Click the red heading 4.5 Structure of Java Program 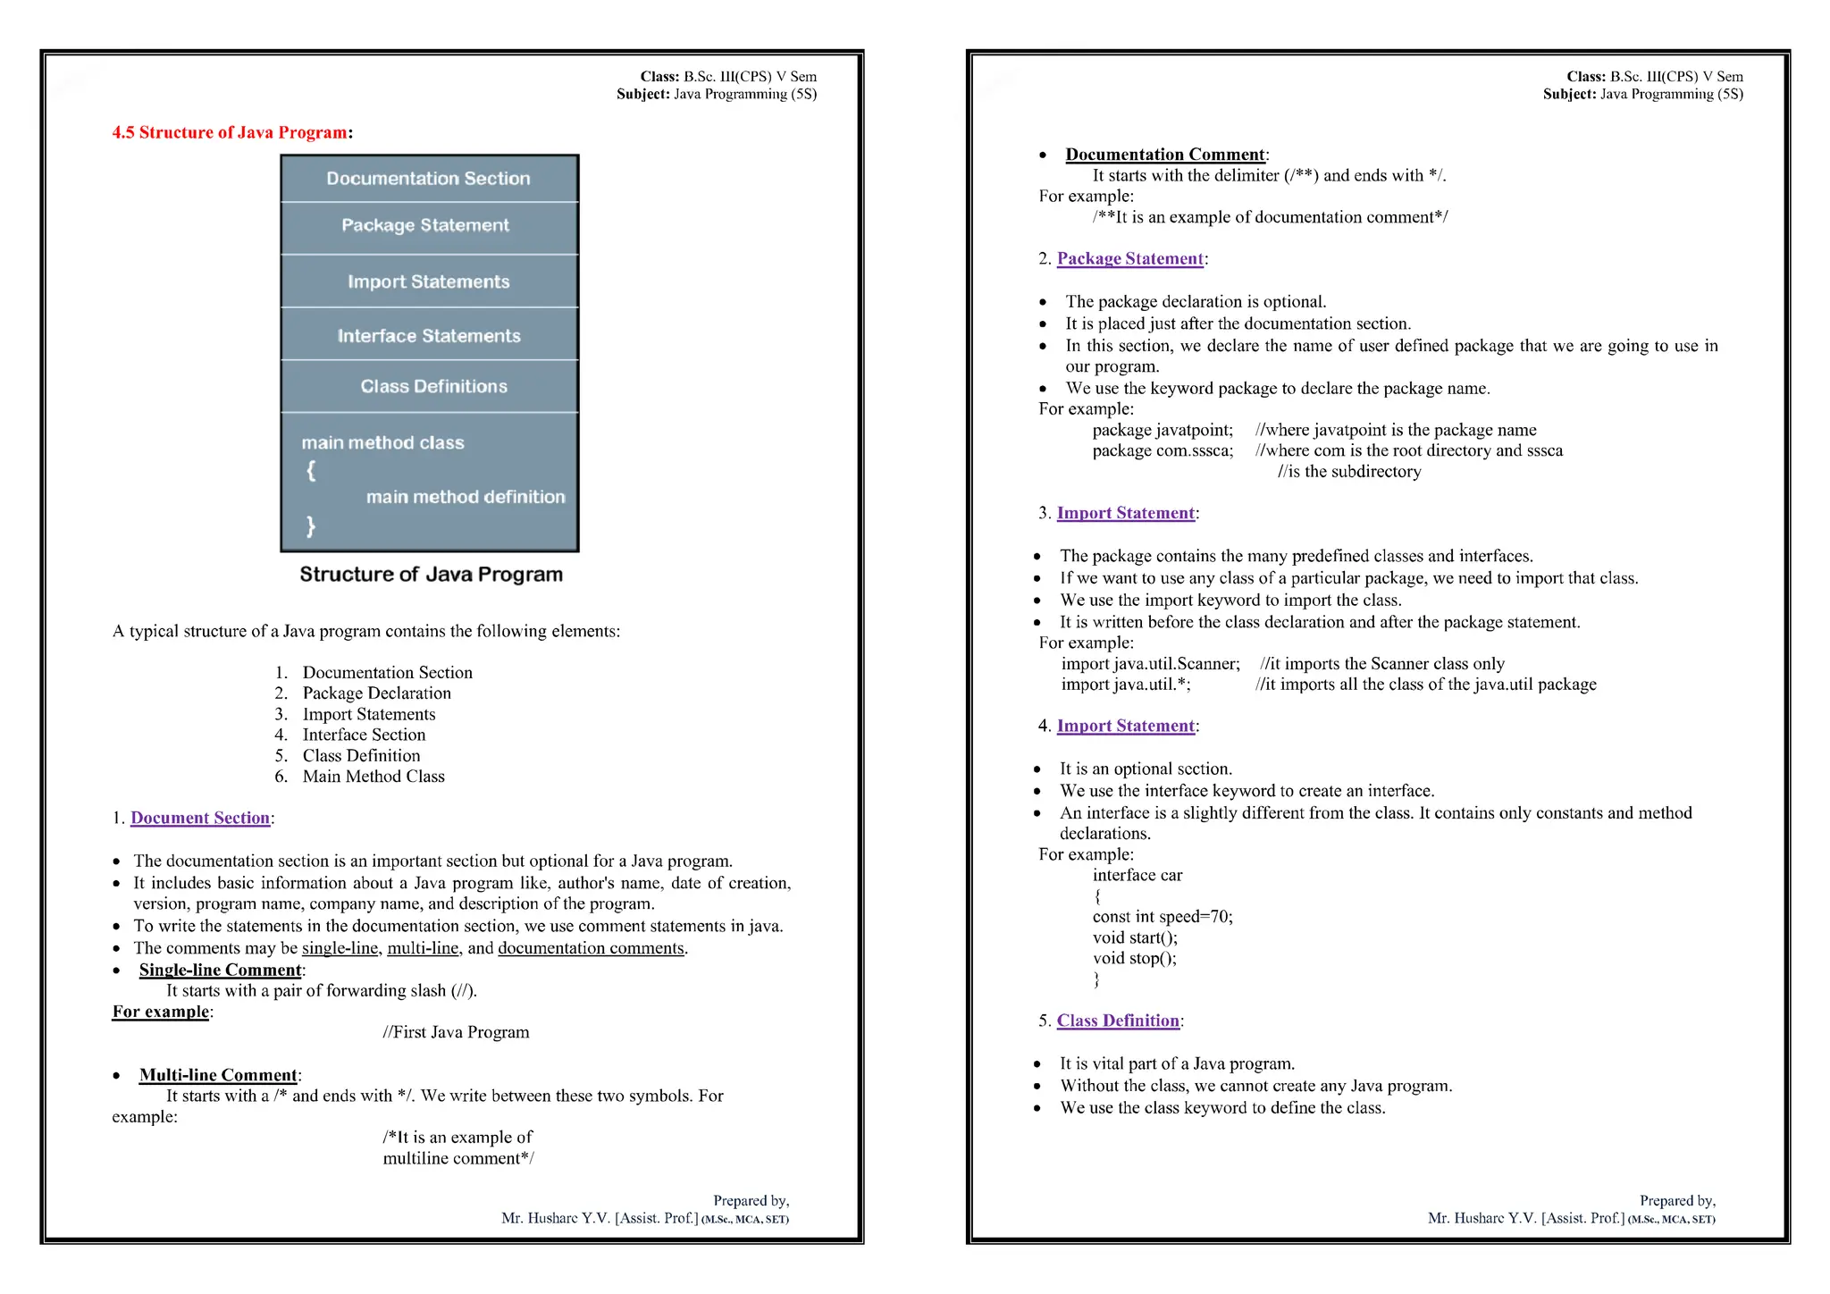click(x=230, y=132)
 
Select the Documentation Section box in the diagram click(x=428, y=179)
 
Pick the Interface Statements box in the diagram click(x=429, y=336)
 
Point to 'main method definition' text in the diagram click(x=465, y=497)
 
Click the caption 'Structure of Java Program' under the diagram click(x=431, y=574)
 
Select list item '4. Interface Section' click(x=363, y=735)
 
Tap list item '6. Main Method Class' click(x=373, y=777)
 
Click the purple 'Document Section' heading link click(x=200, y=818)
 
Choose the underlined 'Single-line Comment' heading click(x=220, y=970)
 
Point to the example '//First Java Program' click(x=456, y=1032)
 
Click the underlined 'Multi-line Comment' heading click(x=218, y=1075)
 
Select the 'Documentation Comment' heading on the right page click(x=1165, y=155)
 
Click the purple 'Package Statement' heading click(x=1130, y=258)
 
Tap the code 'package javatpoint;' click(x=1163, y=430)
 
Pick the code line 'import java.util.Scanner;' click(x=1150, y=664)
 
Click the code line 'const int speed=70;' click(x=1162, y=917)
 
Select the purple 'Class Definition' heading click(x=1118, y=1021)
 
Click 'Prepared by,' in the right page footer click(x=1677, y=1201)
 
